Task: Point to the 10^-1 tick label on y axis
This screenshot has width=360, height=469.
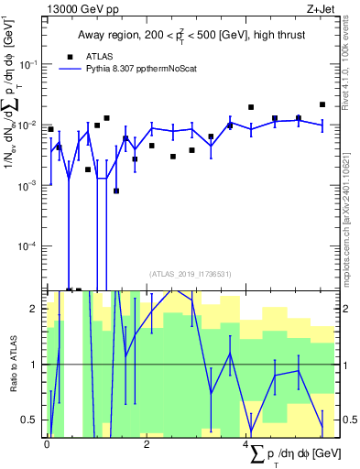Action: [x=29, y=64]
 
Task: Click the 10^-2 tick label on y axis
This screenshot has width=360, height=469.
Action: [x=29, y=125]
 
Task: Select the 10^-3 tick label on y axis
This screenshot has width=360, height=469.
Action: [x=29, y=185]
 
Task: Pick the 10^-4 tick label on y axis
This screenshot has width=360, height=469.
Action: [x=29, y=245]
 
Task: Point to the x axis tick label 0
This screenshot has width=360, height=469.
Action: [x=47, y=442]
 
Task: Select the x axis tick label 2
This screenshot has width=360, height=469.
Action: [x=147, y=442]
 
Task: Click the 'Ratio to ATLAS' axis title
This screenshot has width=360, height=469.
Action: [x=13, y=364]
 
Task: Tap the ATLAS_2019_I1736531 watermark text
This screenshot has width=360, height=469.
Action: [x=191, y=273]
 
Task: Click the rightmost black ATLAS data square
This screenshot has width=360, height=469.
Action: [x=322, y=104]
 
